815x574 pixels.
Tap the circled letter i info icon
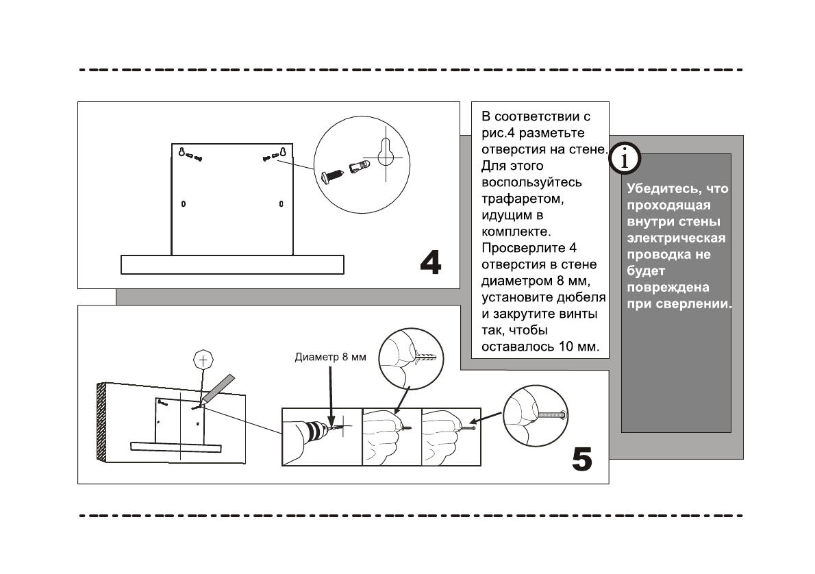(623, 159)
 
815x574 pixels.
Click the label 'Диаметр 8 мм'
(331, 357)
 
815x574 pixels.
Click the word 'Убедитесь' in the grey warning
(658, 188)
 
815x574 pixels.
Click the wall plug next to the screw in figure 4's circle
(360, 166)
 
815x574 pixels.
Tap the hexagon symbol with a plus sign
(202, 358)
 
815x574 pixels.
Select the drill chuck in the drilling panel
(316, 432)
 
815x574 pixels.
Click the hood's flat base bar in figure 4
(232, 264)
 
